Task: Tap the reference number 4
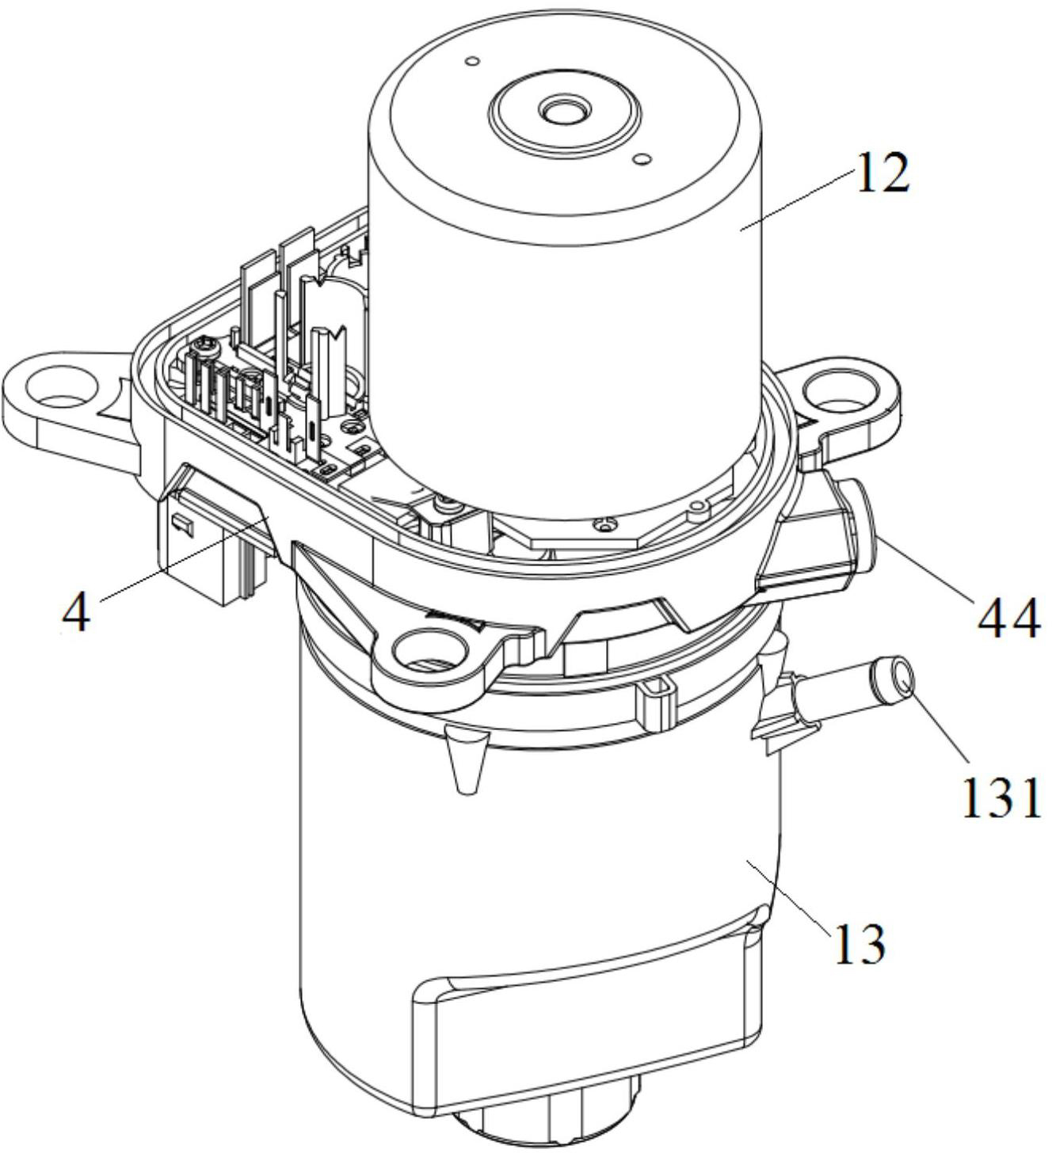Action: coord(77,614)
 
